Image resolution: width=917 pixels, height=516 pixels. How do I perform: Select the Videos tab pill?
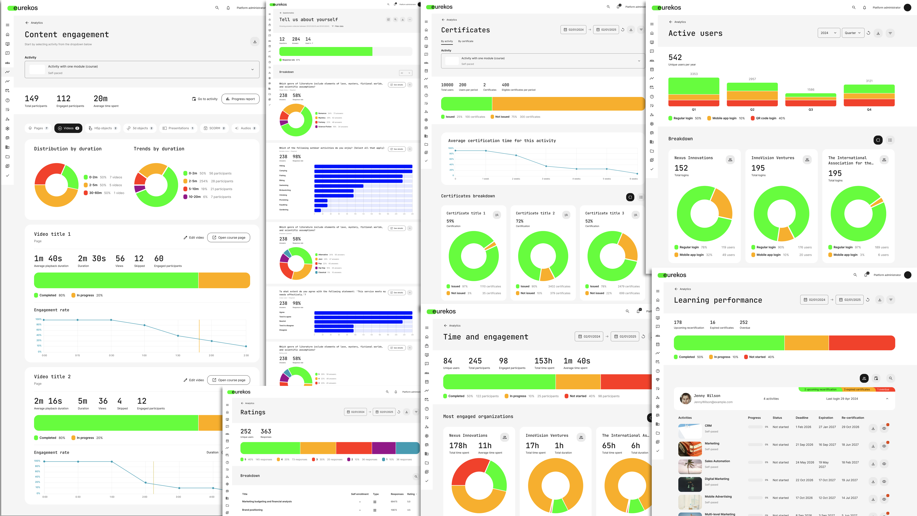68,128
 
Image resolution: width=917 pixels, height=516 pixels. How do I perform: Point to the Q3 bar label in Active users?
811,110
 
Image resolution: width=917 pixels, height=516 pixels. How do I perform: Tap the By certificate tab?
466,41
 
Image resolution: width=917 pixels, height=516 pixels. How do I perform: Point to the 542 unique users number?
675,57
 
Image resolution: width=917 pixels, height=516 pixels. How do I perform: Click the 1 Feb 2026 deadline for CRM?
803,427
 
